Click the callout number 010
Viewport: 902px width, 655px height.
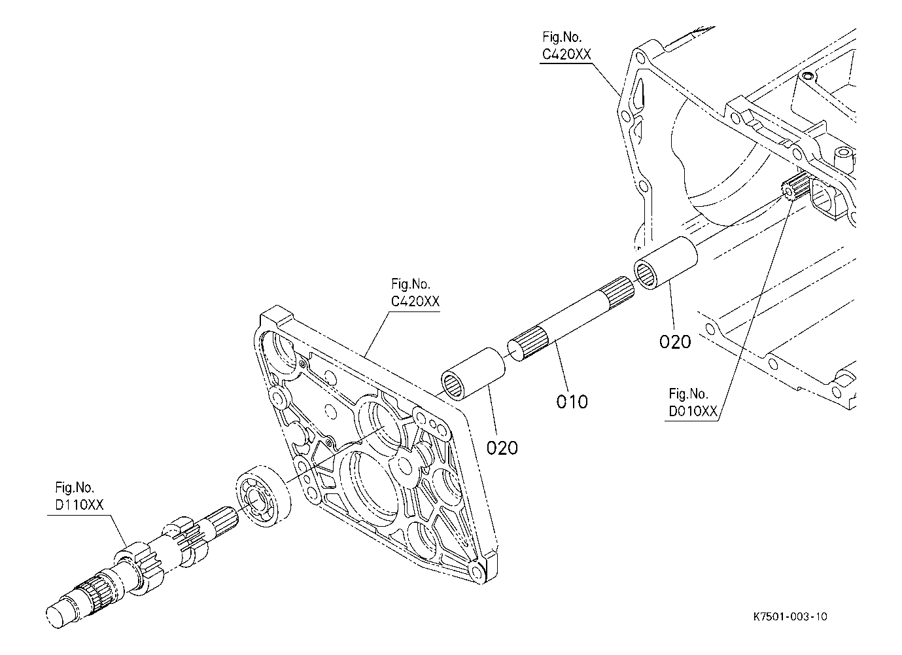click(572, 402)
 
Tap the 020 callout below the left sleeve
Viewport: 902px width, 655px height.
click(502, 448)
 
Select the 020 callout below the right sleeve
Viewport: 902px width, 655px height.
click(675, 342)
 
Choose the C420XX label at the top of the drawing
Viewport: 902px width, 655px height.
click(566, 46)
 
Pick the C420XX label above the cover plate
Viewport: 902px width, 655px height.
click(415, 293)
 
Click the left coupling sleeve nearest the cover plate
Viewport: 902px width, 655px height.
click(473, 374)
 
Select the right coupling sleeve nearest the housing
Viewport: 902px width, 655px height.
click(666, 263)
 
